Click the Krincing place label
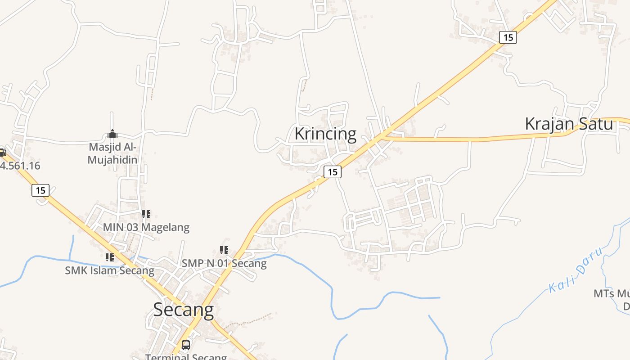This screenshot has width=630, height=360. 325,134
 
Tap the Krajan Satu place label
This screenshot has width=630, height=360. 569,124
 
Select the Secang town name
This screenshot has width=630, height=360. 183,310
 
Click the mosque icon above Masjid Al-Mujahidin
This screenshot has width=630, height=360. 112,134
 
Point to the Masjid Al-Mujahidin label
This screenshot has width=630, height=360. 112,153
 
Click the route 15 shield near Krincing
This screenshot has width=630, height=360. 332,171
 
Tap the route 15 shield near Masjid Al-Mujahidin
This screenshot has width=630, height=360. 40,190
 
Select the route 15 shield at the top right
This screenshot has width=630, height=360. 508,37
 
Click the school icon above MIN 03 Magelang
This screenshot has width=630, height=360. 146,214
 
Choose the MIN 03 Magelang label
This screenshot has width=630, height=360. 146,227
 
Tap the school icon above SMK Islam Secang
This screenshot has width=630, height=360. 109,257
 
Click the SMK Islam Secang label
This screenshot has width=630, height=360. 109,270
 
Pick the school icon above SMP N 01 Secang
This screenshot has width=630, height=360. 224,250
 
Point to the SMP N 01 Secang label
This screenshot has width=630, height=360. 224,263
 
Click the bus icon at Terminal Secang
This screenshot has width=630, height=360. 185,345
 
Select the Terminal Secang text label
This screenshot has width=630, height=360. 185,357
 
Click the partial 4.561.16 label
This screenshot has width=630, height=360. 20,166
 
